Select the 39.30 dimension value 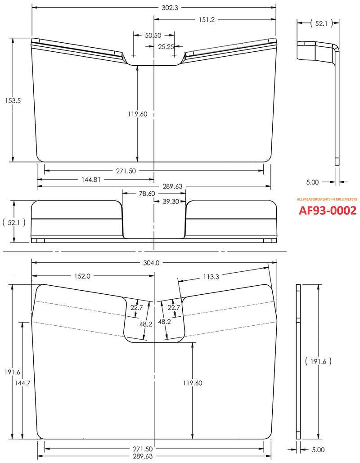[x=170, y=201]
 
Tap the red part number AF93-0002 [x=328, y=210]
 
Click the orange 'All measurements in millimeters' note [x=327, y=199]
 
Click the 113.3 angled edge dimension [x=211, y=277]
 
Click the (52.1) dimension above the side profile [x=321, y=24]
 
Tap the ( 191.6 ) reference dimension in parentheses [x=318, y=361]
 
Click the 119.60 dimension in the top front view [x=137, y=114]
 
